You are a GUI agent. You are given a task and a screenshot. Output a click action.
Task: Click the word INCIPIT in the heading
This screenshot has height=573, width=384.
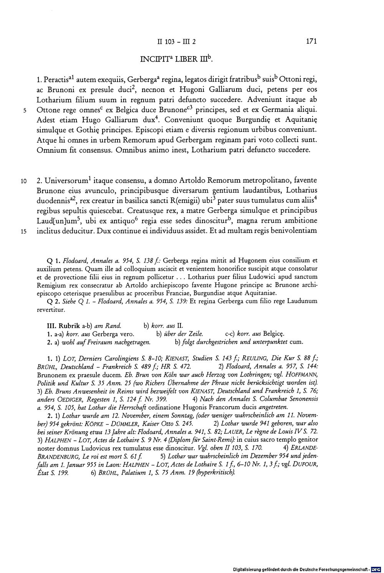click(153, 60)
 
